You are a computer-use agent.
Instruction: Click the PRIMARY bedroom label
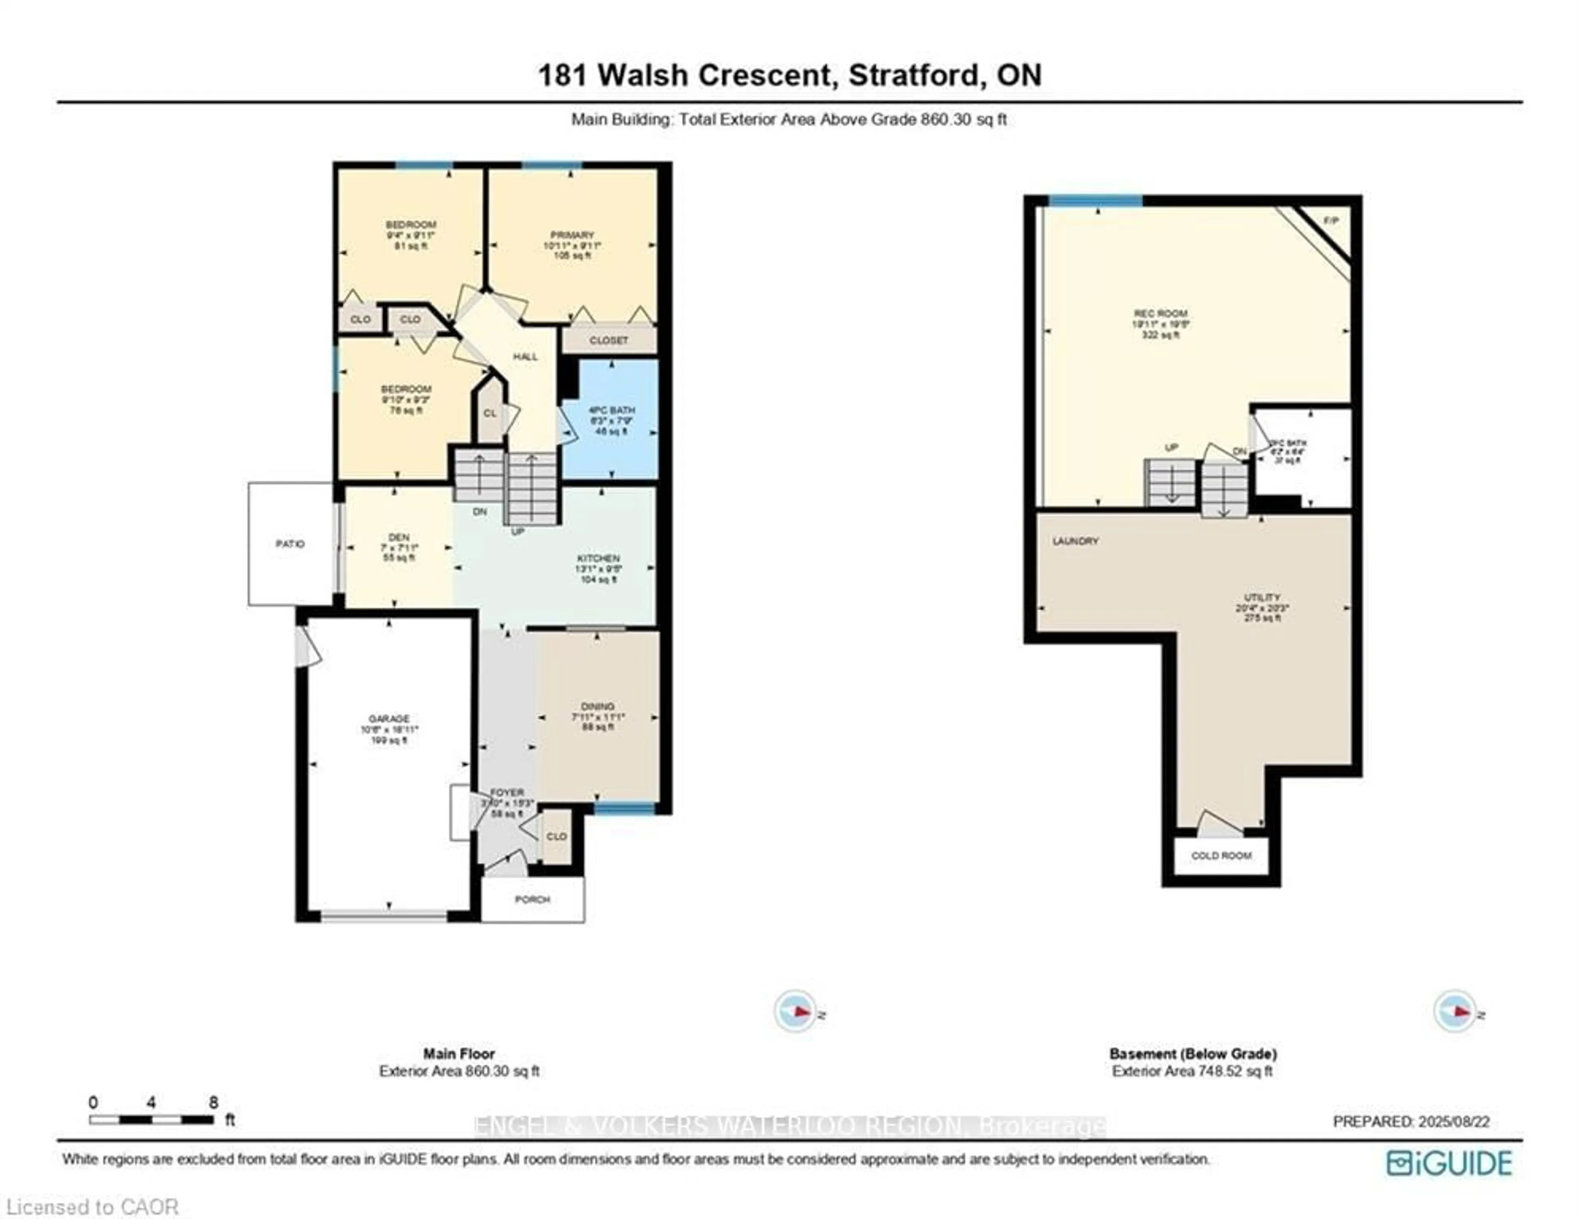pos(572,235)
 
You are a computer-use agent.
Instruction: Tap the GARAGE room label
pos(389,718)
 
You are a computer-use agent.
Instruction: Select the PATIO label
pos(290,544)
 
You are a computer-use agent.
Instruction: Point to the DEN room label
pos(398,537)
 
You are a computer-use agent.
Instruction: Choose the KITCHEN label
pos(598,558)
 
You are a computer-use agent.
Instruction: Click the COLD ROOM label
pos(1221,855)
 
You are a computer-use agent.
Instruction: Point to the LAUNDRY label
pos(1076,541)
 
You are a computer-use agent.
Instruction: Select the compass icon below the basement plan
pos(1455,1011)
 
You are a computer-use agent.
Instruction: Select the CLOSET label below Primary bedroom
pos(609,340)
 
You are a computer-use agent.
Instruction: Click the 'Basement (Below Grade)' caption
pos(1193,1053)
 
